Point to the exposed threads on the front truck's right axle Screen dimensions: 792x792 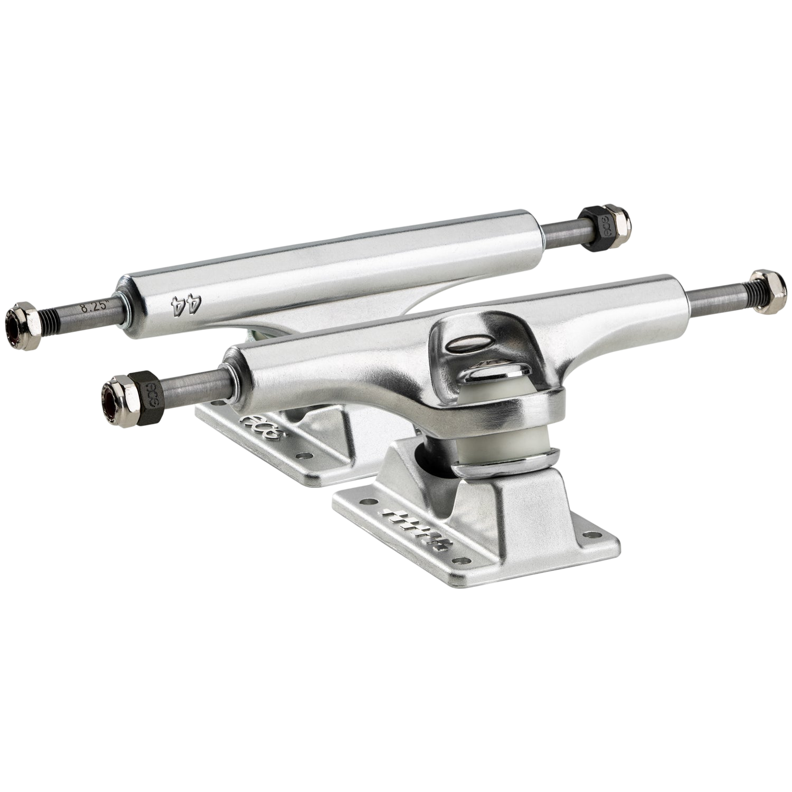coord(739,298)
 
